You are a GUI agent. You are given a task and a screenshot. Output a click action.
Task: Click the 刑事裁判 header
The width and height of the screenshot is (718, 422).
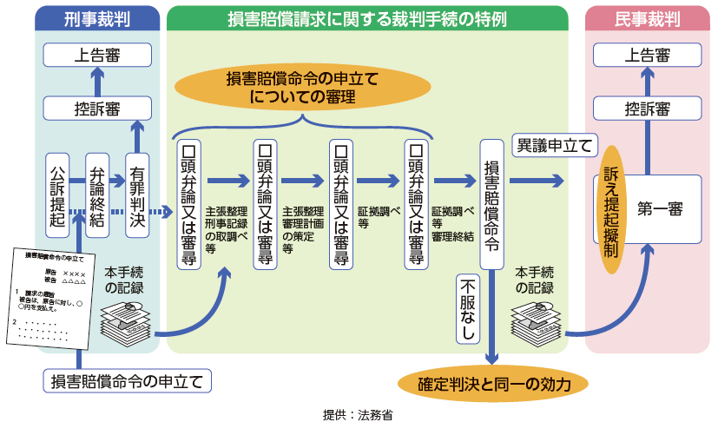(98, 18)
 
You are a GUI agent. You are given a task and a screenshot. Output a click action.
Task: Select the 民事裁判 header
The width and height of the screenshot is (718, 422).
(647, 18)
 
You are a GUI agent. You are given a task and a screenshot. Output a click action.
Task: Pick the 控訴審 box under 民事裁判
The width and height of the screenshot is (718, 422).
(647, 109)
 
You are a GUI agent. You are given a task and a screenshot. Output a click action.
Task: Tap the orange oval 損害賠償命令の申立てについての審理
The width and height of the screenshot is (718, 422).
(302, 87)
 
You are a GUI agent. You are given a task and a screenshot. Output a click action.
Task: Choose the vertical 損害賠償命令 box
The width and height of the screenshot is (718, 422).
(491, 205)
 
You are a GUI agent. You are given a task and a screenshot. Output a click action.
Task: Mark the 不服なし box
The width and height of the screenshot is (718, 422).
(468, 309)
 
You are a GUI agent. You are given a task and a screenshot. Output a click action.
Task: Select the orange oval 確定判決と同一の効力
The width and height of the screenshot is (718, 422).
(491, 383)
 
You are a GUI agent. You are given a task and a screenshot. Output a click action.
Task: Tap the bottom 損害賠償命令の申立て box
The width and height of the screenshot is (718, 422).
(127, 380)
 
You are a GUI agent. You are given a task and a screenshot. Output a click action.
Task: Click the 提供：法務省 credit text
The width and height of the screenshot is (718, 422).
(357, 414)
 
